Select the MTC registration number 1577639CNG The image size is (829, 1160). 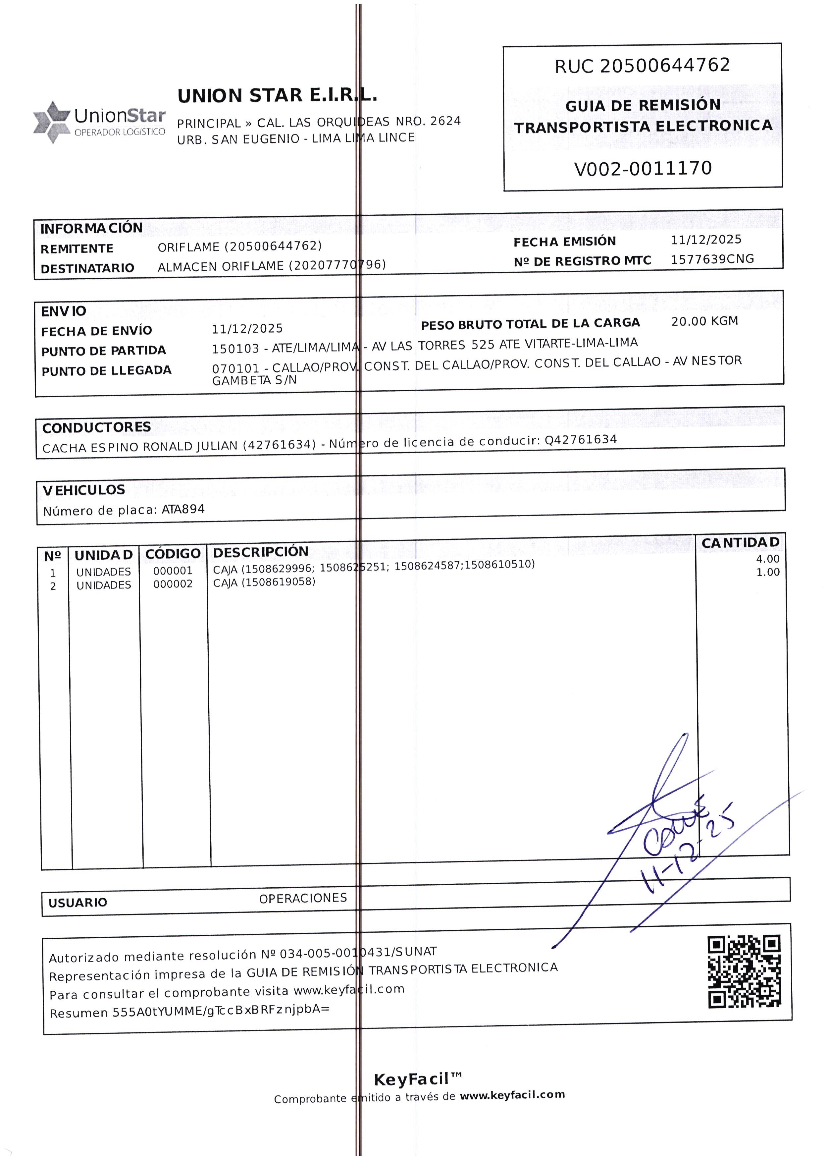point(712,259)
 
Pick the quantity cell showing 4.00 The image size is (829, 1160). point(767,559)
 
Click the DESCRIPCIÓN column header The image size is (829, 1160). point(260,552)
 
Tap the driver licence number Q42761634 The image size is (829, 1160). point(580,440)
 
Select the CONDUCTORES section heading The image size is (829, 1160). point(96,427)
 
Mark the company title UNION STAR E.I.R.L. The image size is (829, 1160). point(277,95)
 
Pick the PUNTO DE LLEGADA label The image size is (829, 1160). point(106,371)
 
